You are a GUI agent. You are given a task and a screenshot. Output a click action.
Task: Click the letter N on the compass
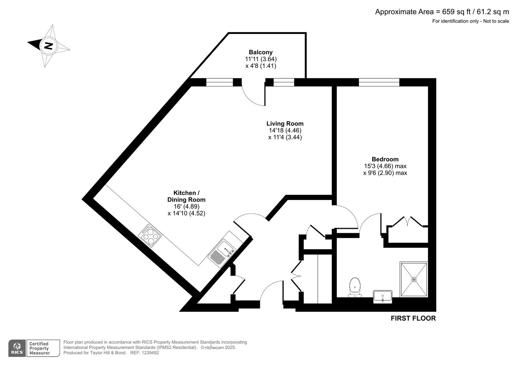coord(49,45)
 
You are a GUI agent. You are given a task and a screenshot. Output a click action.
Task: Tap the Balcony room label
coord(261,52)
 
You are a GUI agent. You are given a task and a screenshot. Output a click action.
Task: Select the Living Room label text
coord(285,124)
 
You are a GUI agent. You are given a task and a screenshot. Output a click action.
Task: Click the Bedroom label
coord(385,159)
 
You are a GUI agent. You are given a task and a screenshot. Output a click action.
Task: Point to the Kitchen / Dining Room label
coord(186,196)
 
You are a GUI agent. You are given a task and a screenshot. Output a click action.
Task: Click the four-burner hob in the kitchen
coord(150,235)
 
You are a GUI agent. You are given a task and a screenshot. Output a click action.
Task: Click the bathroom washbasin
coord(383,297)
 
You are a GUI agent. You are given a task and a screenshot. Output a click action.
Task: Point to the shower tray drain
coord(414,279)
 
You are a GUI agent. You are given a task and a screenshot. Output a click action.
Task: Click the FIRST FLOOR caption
coord(413,319)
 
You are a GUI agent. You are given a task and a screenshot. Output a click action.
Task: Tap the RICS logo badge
coord(17,348)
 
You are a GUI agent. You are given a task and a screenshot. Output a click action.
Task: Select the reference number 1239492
coord(150,353)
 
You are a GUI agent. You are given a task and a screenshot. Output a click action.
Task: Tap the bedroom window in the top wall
coord(379,82)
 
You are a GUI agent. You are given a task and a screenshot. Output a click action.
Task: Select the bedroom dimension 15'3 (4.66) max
coord(385,166)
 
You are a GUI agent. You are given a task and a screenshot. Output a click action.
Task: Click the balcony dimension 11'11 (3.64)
coord(261,59)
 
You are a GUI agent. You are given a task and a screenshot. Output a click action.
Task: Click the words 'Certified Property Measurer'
coord(39,348)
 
